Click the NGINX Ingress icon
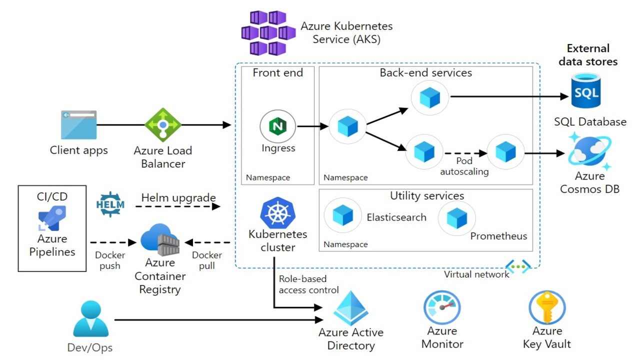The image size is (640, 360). [277, 126]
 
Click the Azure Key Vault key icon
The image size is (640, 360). [546, 307]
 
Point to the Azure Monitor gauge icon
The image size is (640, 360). [442, 307]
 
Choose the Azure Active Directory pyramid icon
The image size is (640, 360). [351, 307]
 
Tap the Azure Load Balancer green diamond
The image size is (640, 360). [162, 125]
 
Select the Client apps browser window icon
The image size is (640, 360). [78, 125]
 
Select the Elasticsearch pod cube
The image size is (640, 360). [342, 216]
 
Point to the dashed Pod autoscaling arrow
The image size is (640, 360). [465, 153]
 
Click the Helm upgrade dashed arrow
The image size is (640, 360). [178, 206]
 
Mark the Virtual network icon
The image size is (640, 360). [518, 267]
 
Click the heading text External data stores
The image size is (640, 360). [588, 55]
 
